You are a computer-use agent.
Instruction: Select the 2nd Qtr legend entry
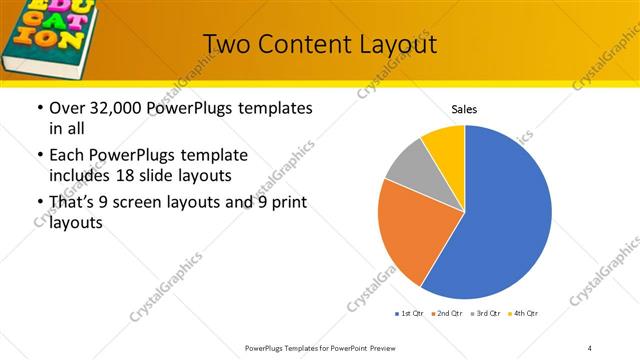click(445, 314)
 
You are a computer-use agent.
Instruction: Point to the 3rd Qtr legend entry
click(484, 314)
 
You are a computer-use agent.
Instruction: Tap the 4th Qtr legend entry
click(523, 314)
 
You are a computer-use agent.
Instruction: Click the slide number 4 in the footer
click(590, 347)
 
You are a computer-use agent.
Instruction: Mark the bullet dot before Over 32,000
click(39, 108)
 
